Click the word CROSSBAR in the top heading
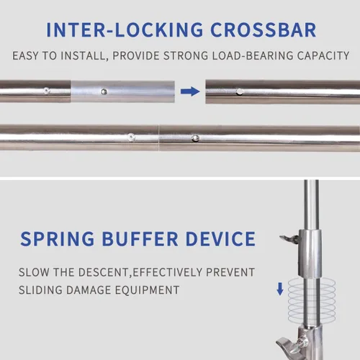pyautogui.click(x=264, y=30)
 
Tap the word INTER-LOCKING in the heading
pyautogui.click(x=125, y=30)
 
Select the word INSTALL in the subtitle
pyautogui.click(x=83, y=56)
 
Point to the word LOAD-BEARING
pyautogui.click(x=253, y=55)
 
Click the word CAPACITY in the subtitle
pyautogui.click(x=323, y=55)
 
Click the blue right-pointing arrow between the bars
pyautogui.click(x=190, y=91)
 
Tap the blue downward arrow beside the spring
pyautogui.click(x=280, y=289)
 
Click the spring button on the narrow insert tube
pyautogui.click(x=104, y=91)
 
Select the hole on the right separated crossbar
pyautogui.click(x=239, y=91)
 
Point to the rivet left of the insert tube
pyautogui.click(x=47, y=91)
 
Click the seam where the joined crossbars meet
pyautogui.click(x=158, y=138)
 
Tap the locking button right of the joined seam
pyautogui.click(x=195, y=138)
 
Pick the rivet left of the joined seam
pyautogui.click(x=130, y=137)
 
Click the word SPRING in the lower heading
pyautogui.click(x=58, y=239)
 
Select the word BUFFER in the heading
pyautogui.click(x=140, y=239)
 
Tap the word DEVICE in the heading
pyautogui.click(x=220, y=239)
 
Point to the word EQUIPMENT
pyautogui.click(x=147, y=290)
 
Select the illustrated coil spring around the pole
pyautogui.click(x=312, y=298)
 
